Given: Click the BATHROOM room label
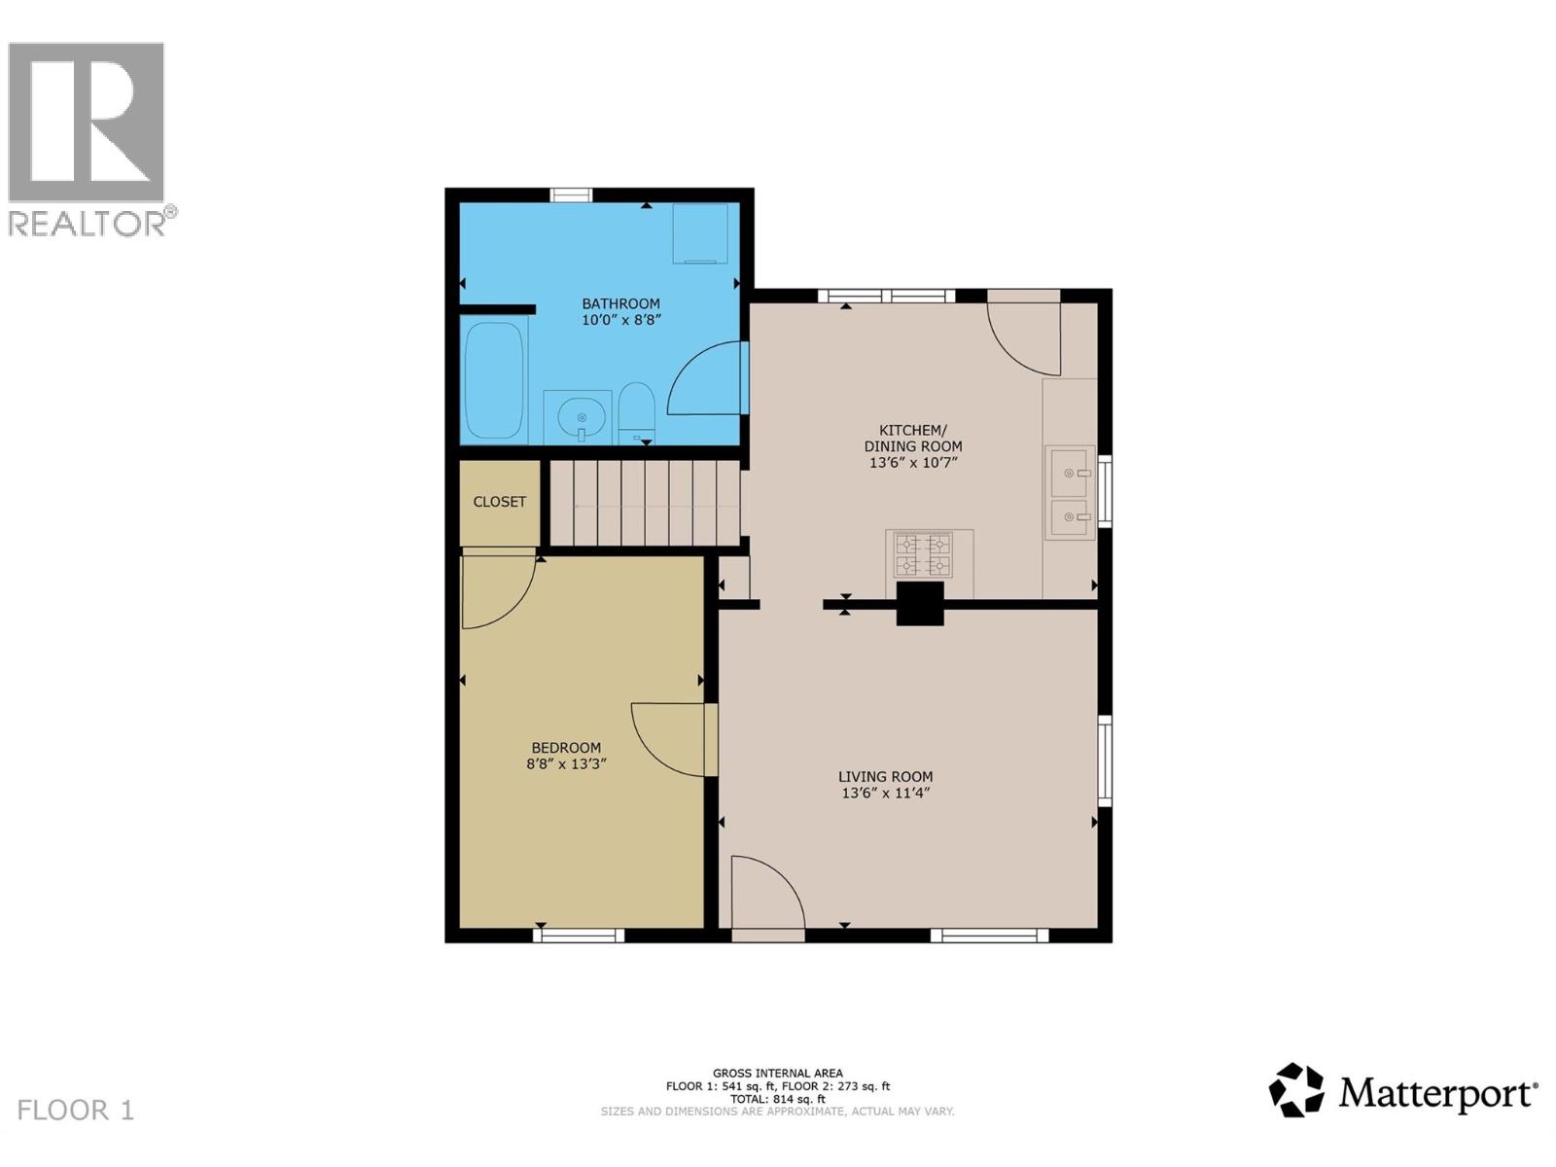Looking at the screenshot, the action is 620,303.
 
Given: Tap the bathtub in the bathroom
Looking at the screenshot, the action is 494,380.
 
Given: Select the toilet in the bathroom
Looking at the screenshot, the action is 636,414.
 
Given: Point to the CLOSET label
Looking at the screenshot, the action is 499,502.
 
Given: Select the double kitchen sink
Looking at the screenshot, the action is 1071,492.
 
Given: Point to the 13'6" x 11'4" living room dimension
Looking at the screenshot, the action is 885,793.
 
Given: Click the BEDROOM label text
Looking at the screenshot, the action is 566,748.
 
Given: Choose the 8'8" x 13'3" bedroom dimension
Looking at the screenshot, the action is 566,763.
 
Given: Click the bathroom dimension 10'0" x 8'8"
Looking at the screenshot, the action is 621,320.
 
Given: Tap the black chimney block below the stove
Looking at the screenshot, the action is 919,604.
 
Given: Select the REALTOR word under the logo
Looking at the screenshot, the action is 88,224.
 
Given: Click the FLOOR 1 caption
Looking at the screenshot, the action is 75,1110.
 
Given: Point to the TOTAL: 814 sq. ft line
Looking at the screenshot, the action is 778,1099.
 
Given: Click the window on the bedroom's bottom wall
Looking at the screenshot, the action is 579,936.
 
